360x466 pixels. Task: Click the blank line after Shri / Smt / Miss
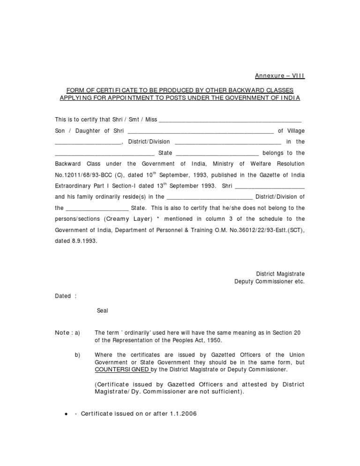click(x=230, y=120)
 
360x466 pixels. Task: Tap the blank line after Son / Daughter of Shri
click(x=200, y=131)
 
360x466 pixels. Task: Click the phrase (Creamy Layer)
click(x=128, y=219)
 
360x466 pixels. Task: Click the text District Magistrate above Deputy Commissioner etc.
click(x=280, y=274)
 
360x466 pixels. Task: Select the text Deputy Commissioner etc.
click(x=269, y=282)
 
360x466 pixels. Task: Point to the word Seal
click(x=102, y=311)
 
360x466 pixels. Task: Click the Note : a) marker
click(x=67, y=333)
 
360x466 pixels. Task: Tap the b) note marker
click(x=77, y=355)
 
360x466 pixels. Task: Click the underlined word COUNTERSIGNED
click(x=122, y=369)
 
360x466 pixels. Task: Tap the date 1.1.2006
click(x=184, y=414)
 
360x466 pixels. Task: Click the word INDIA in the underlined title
click(x=291, y=98)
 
